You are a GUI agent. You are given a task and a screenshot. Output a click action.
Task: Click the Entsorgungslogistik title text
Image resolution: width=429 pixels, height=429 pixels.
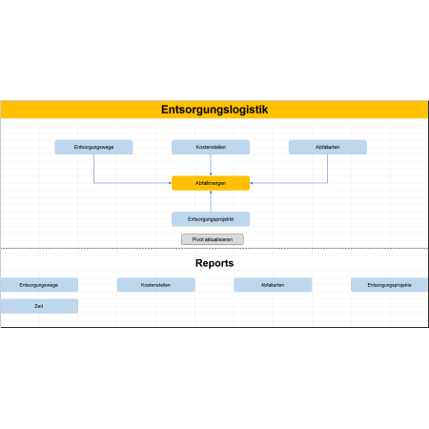(x=214, y=110)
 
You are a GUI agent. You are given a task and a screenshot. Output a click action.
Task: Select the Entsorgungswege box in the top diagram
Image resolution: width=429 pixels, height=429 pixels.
(x=93, y=147)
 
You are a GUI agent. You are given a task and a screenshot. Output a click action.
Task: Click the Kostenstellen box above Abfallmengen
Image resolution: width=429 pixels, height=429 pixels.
(x=211, y=147)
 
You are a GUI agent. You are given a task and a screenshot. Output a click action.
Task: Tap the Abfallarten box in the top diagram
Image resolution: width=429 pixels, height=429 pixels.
(x=328, y=147)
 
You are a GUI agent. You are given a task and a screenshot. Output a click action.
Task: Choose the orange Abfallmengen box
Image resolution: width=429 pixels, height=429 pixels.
(x=211, y=183)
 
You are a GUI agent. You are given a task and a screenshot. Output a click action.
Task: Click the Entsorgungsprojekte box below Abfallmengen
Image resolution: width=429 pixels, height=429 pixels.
(x=211, y=219)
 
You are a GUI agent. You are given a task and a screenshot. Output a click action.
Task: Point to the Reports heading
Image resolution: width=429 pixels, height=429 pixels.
(x=214, y=263)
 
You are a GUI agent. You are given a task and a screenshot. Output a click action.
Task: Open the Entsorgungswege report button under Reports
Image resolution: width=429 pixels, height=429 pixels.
(x=39, y=285)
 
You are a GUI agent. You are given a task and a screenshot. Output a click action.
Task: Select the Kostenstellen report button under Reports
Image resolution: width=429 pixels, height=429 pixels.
(x=156, y=285)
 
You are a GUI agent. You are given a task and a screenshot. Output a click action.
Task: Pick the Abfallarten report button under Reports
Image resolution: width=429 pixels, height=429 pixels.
(x=273, y=285)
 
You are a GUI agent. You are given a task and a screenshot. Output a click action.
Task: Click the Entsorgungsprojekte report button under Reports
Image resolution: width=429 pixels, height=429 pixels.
(x=390, y=285)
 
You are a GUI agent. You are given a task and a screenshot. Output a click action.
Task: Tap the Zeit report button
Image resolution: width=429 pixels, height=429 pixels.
(x=39, y=306)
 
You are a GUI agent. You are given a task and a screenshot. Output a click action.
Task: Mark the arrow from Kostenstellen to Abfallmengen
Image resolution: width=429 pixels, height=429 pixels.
(x=211, y=165)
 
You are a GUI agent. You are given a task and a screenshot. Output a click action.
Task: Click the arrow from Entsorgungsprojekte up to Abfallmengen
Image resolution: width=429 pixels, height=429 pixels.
(x=211, y=201)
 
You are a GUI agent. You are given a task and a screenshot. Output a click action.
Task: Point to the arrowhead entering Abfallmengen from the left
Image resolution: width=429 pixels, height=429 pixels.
(x=170, y=183)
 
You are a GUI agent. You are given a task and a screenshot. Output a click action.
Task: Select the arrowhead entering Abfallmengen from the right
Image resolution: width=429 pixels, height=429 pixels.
(x=252, y=183)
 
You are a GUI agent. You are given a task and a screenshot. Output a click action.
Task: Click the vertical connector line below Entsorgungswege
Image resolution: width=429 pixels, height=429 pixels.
(x=93, y=169)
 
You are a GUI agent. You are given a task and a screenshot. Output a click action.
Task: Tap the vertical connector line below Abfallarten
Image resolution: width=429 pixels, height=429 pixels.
(x=328, y=169)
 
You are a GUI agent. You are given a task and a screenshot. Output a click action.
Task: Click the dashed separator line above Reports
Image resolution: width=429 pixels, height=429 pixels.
(x=214, y=248)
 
